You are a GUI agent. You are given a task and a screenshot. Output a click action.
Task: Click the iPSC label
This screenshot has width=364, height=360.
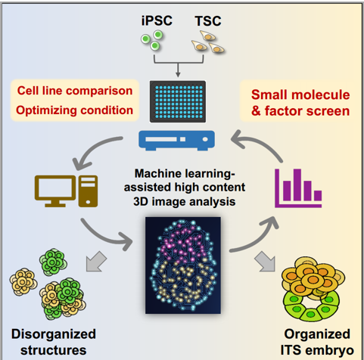point(157,20)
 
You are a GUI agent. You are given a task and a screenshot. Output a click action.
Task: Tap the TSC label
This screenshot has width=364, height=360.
point(208,21)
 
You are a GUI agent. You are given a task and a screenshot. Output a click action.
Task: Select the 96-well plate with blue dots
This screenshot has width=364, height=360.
point(178,101)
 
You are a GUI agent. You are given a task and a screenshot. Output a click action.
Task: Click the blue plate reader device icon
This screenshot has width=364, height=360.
point(176,140)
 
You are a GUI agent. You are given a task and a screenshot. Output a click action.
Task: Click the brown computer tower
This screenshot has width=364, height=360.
point(88,191)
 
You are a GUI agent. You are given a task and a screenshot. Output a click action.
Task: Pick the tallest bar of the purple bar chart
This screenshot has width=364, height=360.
point(297,185)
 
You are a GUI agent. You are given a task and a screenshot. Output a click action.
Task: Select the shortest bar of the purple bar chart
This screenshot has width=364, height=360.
point(318,196)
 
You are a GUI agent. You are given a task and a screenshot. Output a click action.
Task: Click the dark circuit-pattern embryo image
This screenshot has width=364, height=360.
point(183,265)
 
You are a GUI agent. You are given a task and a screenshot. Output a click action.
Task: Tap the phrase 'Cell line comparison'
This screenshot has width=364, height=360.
point(75,91)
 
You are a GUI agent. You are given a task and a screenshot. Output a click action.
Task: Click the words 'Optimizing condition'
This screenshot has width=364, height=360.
point(74,110)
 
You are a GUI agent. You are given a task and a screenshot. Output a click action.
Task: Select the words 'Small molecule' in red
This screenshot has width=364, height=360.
point(300,95)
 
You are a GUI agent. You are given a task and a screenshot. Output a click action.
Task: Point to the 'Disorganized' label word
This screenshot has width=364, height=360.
point(54,334)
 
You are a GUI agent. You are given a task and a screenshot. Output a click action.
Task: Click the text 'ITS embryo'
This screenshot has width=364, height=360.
point(317,350)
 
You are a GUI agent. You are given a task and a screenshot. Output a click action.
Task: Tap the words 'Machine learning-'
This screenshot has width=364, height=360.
point(185,173)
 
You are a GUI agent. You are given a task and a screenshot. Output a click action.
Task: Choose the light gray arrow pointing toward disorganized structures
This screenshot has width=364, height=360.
point(95,262)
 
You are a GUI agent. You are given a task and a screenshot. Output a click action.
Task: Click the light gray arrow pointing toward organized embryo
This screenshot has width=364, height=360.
point(266,262)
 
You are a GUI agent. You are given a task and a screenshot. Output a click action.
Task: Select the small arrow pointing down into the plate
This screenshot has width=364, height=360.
point(178,70)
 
